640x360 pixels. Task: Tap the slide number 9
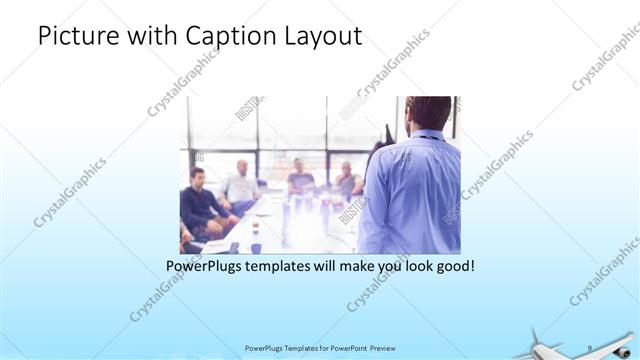click(589, 348)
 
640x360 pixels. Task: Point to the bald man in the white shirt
click(241, 181)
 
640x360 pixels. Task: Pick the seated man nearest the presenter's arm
click(347, 179)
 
